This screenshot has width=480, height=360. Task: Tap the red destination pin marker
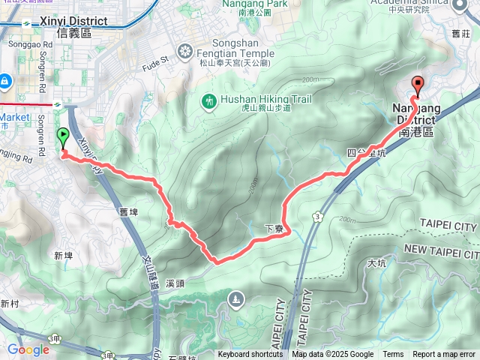tap(418, 84)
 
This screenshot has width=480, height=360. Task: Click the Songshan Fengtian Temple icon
tap(185, 52)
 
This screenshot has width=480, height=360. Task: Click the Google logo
tap(28, 349)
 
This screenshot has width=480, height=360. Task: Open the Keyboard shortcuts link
tap(251, 355)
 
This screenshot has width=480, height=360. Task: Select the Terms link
tap(393, 355)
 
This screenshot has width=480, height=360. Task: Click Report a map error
tap(445, 355)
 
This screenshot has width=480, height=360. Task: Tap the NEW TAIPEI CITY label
tap(440, 249)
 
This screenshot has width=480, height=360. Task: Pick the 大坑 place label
tap(376, 263)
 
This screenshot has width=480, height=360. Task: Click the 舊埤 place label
tap(127, 212)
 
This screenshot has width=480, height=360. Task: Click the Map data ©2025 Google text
tap(332, 355)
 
